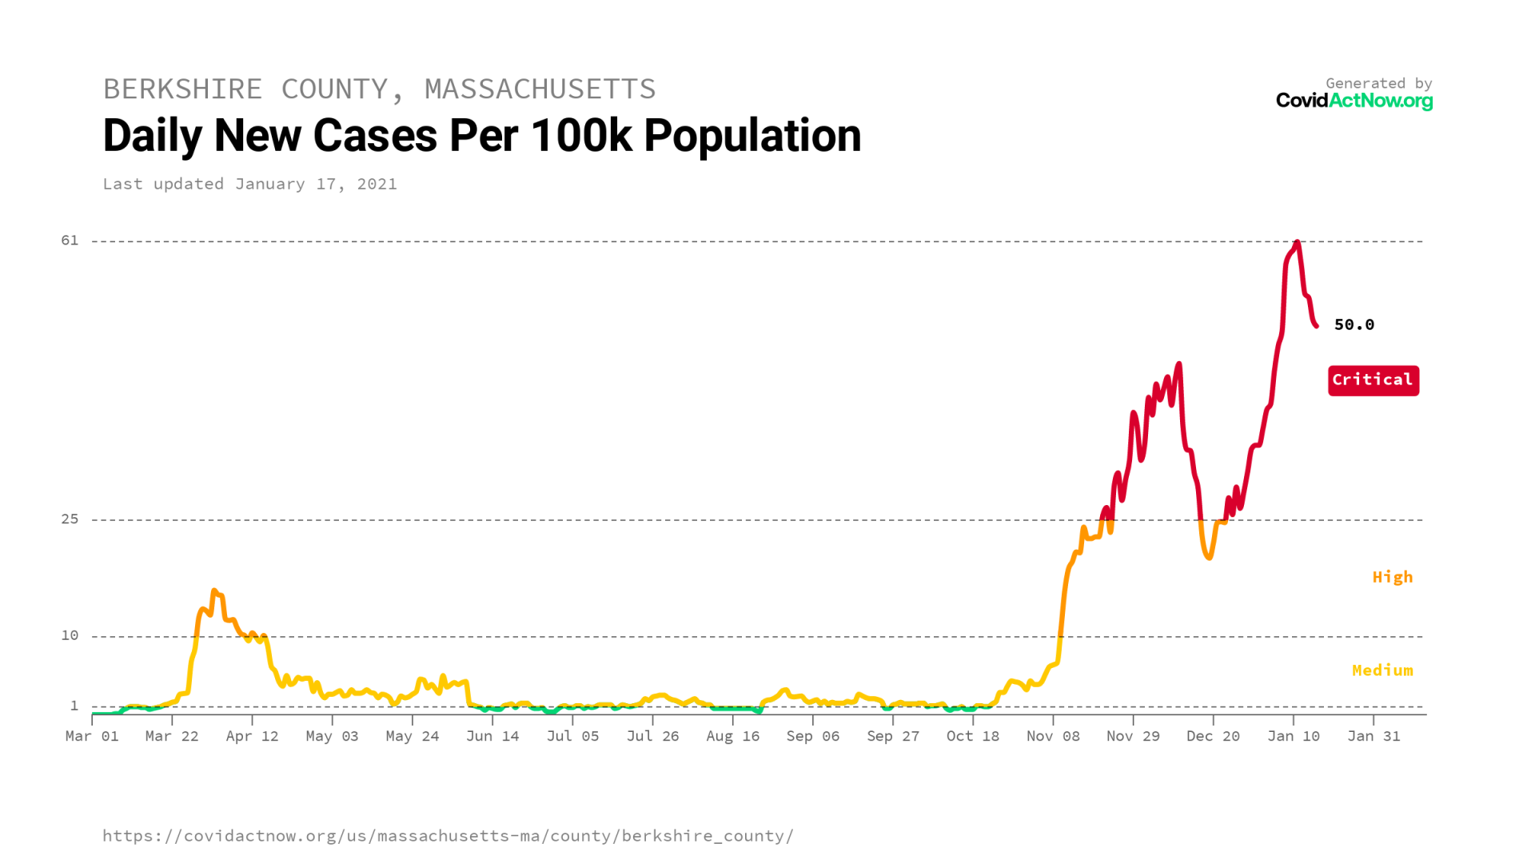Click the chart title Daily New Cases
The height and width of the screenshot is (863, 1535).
pos(481,136)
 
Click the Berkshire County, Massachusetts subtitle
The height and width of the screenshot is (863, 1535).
pos(379,89)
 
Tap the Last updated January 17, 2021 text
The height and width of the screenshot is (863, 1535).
pos(249,184)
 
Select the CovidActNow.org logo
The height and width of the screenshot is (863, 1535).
pos(1354,101)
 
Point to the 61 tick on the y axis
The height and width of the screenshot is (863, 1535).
pos(70,241)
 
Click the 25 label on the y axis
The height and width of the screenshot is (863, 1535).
pos(70,519)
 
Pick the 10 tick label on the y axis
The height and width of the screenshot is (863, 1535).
pos(70,635)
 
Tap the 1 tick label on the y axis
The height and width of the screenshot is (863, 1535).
pos(74,706)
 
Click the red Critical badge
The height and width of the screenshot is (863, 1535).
pos(1373,380)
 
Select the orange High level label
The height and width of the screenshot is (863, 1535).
pos(1392,577)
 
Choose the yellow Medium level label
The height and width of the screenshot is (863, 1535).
pos(1381,670)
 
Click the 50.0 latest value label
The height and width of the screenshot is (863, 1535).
pos(1354,324)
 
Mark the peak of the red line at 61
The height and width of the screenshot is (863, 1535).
pos(1297,242)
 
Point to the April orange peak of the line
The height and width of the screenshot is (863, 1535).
pos(214,591)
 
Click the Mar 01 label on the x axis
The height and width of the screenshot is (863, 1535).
pos(92,736)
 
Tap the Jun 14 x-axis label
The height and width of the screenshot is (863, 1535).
pos(492,736)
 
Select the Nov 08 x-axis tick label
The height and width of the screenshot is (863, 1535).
pos(1053,736)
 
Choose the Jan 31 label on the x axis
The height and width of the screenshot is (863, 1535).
pos(1374,736)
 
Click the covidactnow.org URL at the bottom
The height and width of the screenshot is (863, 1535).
pos(448,836)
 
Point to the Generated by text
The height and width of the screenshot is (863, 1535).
pos(1378,83)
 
